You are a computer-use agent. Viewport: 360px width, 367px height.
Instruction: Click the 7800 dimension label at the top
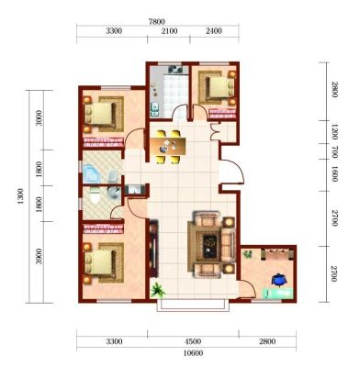click(x=157, y=22)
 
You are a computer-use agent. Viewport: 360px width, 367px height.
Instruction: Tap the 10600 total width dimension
click(x=193, y=353)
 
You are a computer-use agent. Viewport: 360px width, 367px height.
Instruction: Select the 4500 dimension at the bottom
click(x=193, y=341)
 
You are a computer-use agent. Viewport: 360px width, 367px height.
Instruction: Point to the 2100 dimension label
click(x=169, y=31)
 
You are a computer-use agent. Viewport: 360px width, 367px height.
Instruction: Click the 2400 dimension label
click(x=214, y=31)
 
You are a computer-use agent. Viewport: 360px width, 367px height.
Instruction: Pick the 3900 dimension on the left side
click(x=39, y=256)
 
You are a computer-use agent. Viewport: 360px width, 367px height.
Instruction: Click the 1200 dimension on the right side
click(x=334, y=132)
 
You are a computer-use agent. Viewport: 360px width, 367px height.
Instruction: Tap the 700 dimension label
click(x=334, y=151)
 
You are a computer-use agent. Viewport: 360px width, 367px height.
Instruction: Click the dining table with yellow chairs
click(x=168, y=147)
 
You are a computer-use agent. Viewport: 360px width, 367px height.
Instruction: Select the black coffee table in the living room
click(x=210, y=245)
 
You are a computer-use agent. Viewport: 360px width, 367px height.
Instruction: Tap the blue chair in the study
click(x=278, y=280)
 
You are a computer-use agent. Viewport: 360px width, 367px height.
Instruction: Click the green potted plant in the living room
click(x=158, y=290)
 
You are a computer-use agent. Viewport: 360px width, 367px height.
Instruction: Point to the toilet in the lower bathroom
click(x=95, y=196)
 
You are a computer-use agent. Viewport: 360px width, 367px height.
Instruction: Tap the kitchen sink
click(x=155, y=109)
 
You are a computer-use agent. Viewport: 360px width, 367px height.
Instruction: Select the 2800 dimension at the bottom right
click(x=267, y=341)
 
